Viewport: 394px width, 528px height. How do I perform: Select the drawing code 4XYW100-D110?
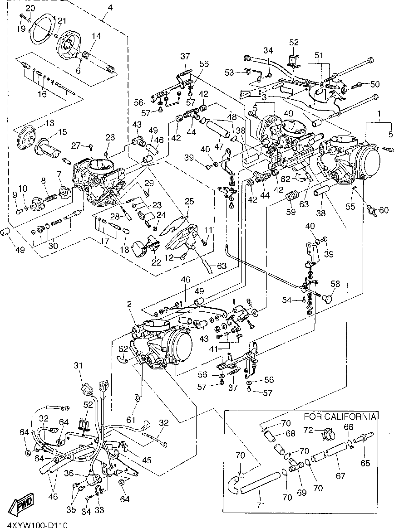(x=34, y=525)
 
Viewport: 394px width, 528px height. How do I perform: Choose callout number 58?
(x=335, y=284)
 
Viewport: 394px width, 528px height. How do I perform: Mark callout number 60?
(x=384, y=210)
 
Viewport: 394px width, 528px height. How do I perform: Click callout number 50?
(x=374, y=84)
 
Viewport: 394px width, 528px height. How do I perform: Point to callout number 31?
(x=79, y=365)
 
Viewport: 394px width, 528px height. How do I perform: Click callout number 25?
(x=189, y=201)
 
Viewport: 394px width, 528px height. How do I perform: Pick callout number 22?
(x=156, y=262)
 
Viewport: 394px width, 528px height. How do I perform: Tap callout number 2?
(x=129, y=305)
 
